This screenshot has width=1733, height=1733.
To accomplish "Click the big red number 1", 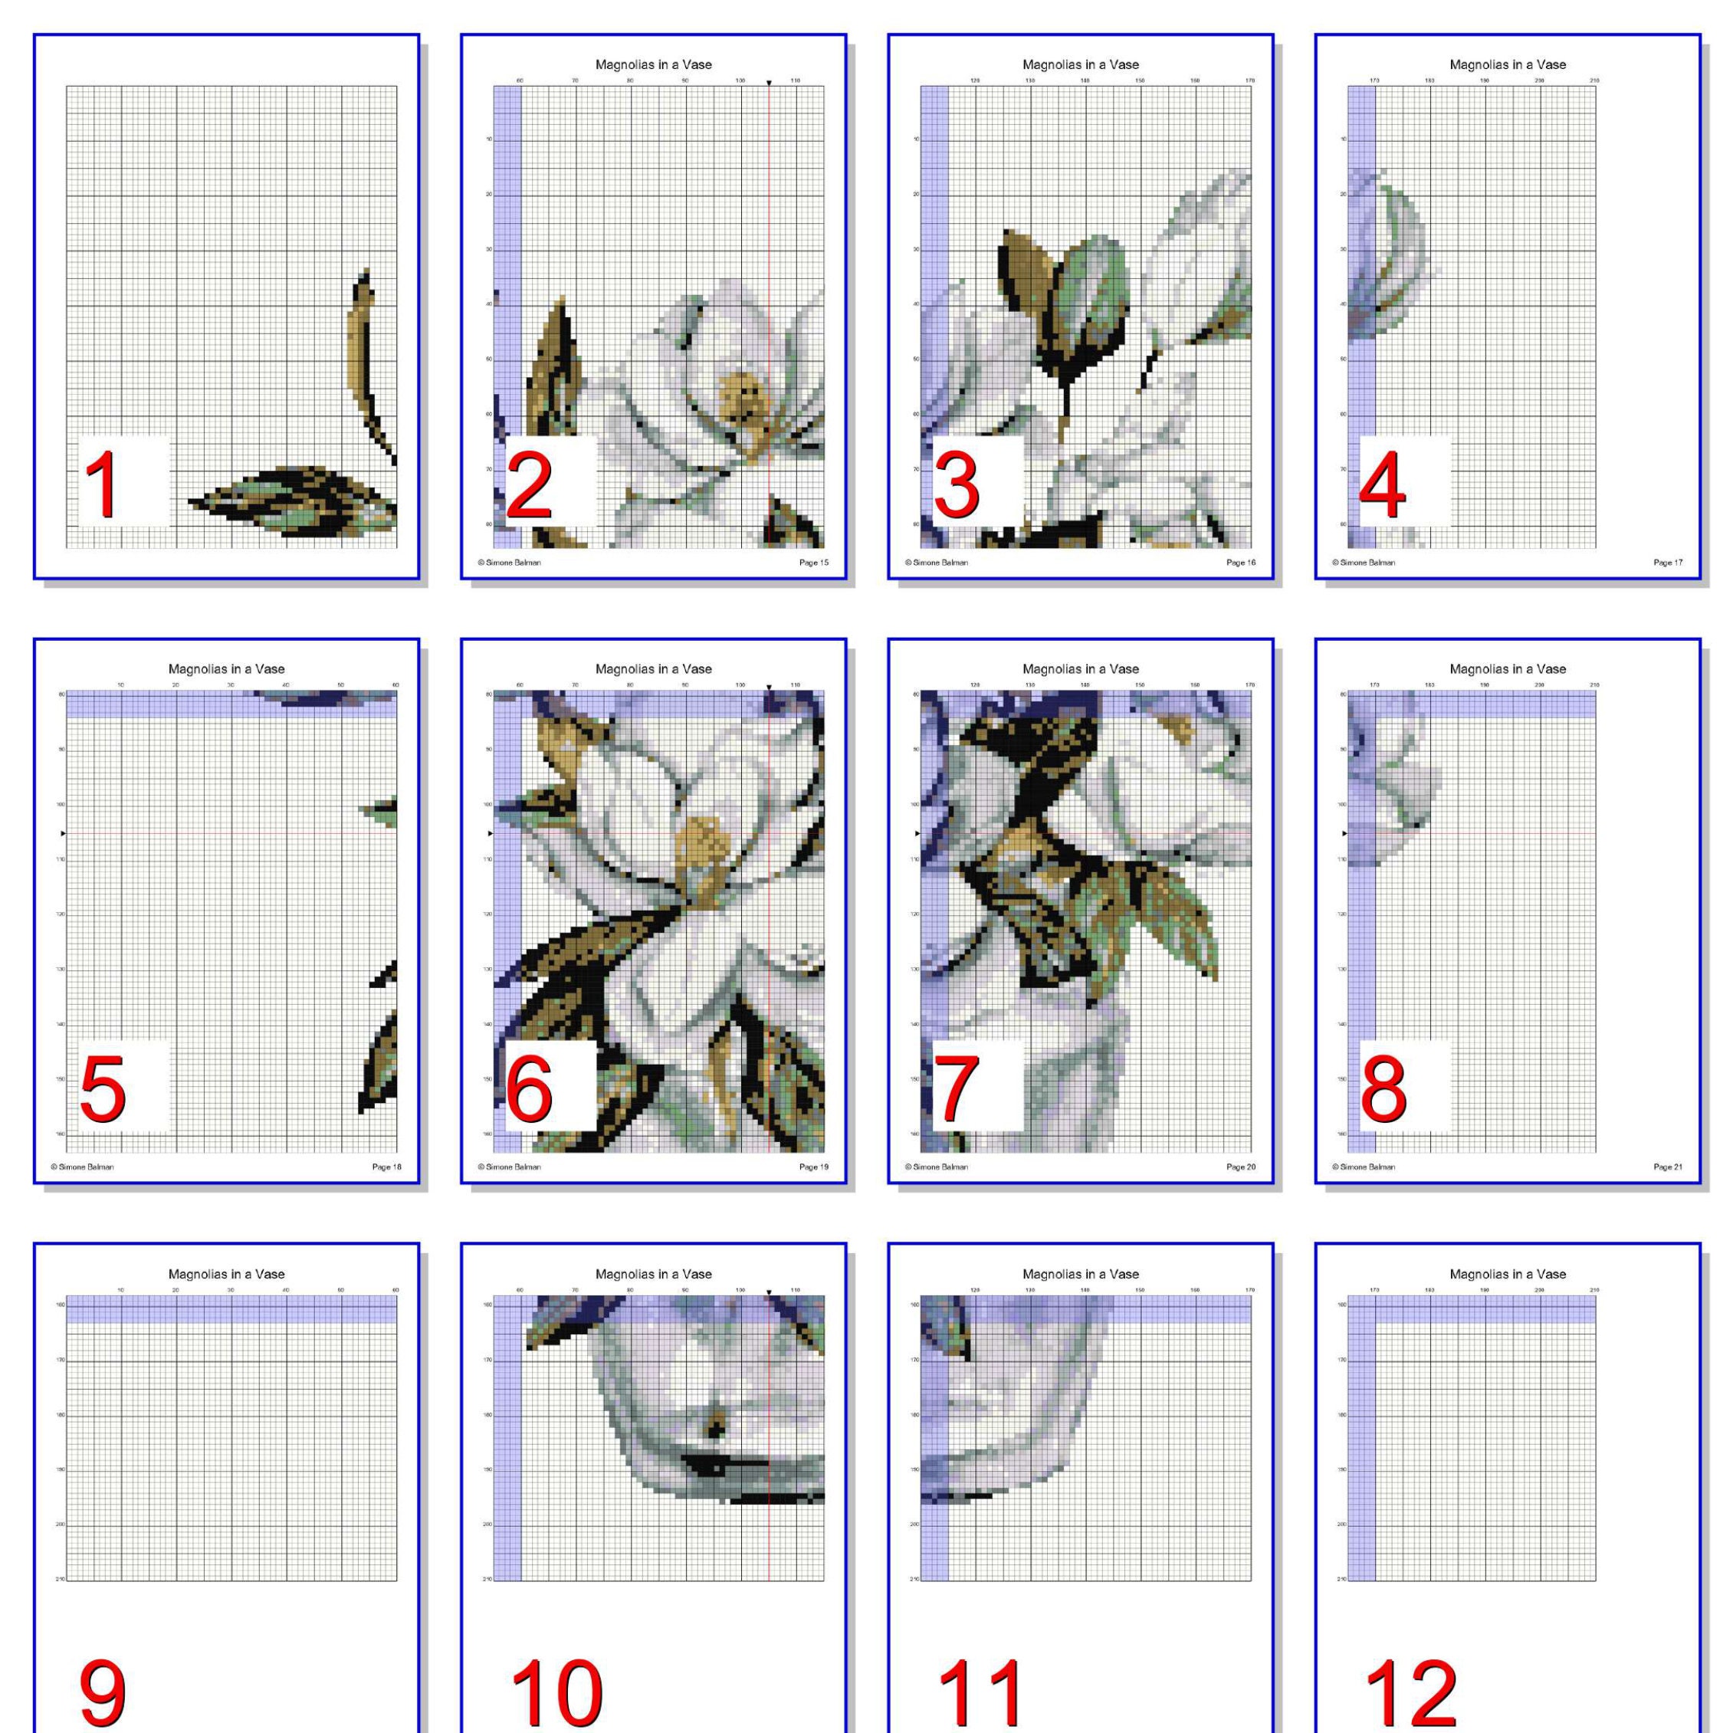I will click(x=100, y=484).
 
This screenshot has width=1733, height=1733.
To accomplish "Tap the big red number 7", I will click(x=957, y=1089).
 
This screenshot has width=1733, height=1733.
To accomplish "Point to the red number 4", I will click(x=1382, y=484).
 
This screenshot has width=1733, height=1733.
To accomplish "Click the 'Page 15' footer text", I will click(x=813, y=563).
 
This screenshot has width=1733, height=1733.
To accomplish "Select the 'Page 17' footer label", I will click(x=1668, y=563).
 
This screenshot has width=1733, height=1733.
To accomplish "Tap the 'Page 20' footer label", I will click(x=1241, y=1167).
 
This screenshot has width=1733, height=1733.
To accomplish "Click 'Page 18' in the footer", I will click(x=386, y=1167).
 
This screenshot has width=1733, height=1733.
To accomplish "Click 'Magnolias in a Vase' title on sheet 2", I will click(x=653, y=64).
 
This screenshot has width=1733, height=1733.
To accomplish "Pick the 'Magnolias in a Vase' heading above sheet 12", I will click(x=1507, y=1274).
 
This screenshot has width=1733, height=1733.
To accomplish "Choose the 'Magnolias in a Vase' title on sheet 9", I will click(x=226, y=1274).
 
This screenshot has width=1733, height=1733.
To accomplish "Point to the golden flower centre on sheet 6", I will click(x=701, y=843).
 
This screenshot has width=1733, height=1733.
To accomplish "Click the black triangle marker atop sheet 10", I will click(x=769, y=1292).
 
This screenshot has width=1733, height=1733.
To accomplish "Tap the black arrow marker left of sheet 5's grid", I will click(x=63, y=833).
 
